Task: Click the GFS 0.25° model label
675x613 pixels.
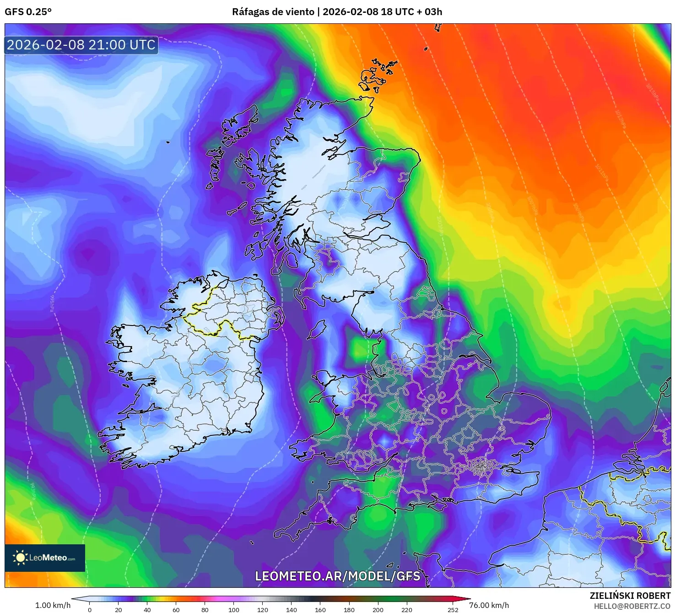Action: pyautogui.click(x=28, y=12)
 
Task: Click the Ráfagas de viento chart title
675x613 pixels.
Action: pyautogui.click(x=337, y=12)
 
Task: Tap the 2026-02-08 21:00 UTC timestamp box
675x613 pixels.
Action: pyautogui.click(x=81, y=45)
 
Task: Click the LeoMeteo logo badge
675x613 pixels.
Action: pyautogui.click(x=45, y=558)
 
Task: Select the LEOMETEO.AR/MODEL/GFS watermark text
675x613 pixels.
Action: pyautogui.click(x=337, y=576)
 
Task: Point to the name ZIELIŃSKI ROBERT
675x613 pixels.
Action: pyautogui.click(x=630, y=596)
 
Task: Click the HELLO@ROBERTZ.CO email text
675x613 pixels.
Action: pyautogui.click(x=632, y=606)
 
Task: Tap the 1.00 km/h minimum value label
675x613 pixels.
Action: pyautogui.click(x=53, y=605)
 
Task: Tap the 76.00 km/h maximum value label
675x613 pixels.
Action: pyautogui.click(x=489, y=605)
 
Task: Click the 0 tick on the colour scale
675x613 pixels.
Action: pyautogui.click(x=90, y=609)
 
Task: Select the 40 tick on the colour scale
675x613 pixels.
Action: pyautogui.click(x=147, y=609)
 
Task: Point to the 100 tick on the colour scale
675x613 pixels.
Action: pyautogui.click(x=234, y=609)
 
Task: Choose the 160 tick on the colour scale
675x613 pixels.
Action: pyautogui.click(x=320, y=609)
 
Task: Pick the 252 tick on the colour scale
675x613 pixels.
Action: pyautogui.click(x=453, y=609)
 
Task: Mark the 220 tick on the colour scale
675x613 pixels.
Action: pyautogui.click(x=407, y=609)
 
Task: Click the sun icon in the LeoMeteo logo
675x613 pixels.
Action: pyautogui.click(x=20, y=557)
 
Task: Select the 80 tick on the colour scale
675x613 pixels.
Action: pyautogui.click(x=205, y=609)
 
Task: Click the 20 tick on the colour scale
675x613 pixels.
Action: pyautogui.click(x=119, y=609)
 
